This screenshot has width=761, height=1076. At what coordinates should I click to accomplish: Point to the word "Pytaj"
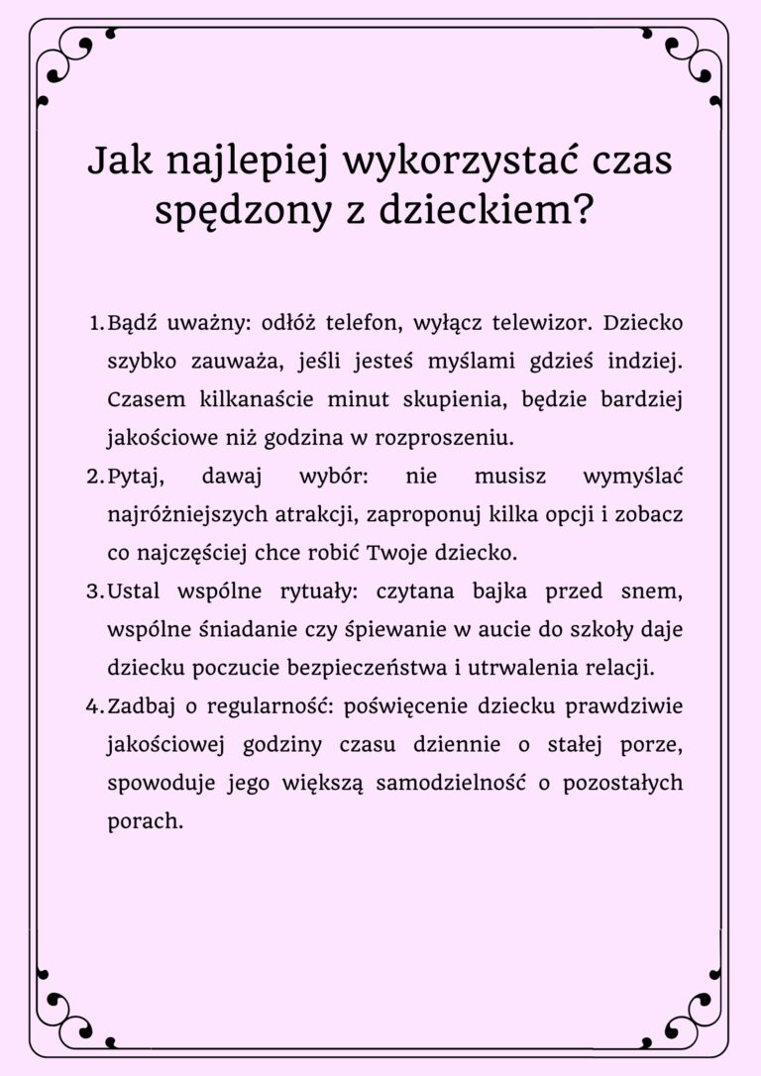click(x=135, y=476)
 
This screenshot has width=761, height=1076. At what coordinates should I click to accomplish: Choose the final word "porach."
click(x=145, y=820)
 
